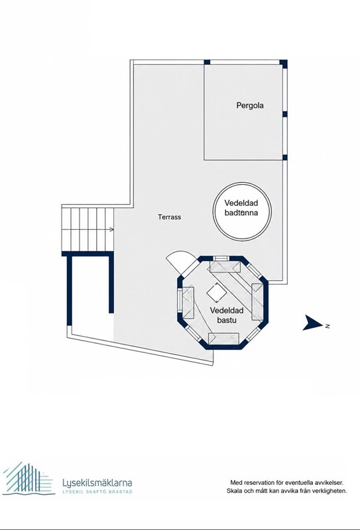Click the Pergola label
point(250,106)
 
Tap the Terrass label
point(170,217)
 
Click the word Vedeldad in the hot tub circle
point(241,203)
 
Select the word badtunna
point(241,213)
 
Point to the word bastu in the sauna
point(227,320)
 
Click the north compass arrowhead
point(313,323)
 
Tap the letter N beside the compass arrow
point(328,326)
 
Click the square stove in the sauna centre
point(216,292)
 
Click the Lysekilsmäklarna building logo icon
point(28,479)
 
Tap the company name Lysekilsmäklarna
point(97,483)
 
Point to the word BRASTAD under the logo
point(120,492)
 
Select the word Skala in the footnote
point(233,491)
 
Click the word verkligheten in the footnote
point(330,491)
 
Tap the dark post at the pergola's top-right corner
point(284,64)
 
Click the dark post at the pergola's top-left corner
point(207,62)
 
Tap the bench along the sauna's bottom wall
point(223,339)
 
